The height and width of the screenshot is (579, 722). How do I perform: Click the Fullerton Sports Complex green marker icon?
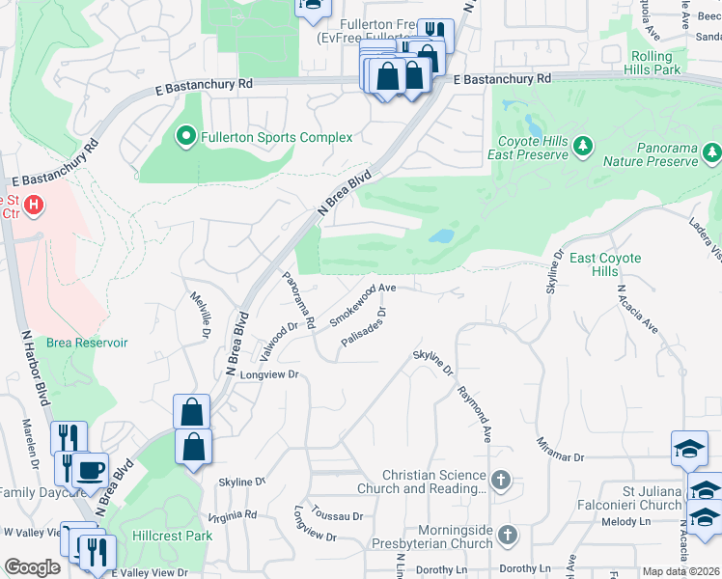(x=186, y=137)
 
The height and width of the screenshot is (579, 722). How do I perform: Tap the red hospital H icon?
(x=35, y=205)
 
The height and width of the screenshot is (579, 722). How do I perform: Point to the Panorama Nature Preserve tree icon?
(x=712, y=152)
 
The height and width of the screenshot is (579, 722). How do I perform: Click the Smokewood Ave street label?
(x=363, y=304)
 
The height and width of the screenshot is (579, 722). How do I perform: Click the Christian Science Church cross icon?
(x=500, y=480)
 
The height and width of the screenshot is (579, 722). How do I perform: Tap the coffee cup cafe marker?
(x=90, y=470)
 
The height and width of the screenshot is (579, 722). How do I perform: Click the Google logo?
(x=32, y=567)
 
